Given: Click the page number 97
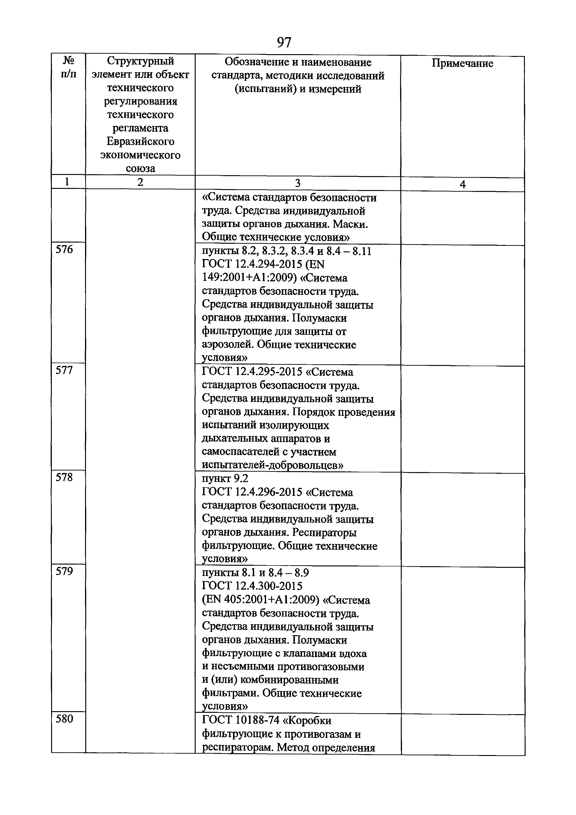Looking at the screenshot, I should [284, 42].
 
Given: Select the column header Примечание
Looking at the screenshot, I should [462, 63].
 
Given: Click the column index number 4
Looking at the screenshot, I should [462, 184].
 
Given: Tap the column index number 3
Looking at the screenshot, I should [297, 183].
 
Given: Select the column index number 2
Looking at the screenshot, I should [140, 182].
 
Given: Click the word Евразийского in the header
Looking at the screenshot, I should [140, 142].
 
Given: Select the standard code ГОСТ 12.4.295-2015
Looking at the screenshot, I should [252, 372].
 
